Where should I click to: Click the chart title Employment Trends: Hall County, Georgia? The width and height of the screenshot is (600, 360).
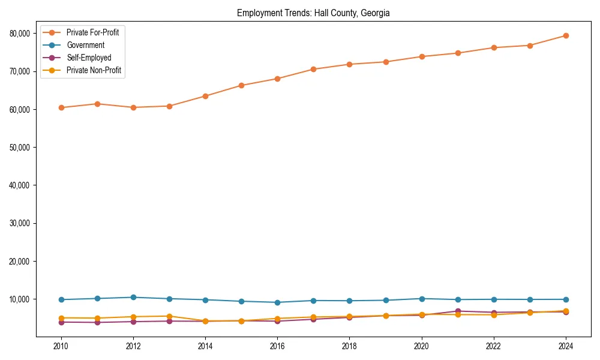(313, 13)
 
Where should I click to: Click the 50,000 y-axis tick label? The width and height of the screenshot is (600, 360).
(19, 148)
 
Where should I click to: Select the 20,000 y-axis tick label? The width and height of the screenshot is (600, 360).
(19, 262)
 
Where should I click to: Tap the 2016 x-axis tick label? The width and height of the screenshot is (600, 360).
(277, 346)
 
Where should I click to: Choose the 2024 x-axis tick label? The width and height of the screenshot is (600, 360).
(566, 346)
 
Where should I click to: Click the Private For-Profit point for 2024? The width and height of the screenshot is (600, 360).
(566, 35)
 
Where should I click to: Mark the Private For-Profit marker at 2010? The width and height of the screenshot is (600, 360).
(61, 108)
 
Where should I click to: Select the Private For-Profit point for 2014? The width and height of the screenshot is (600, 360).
(205, 96)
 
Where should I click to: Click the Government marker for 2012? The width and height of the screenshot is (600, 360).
(133, 297)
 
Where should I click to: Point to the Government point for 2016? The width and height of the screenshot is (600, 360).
(277, 302)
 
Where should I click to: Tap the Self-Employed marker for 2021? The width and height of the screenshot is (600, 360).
(458, 311)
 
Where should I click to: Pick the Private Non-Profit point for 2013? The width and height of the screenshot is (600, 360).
(169, 316)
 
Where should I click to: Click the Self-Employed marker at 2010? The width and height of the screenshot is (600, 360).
(61, 322)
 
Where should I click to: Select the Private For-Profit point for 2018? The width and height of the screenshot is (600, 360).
(349, 64)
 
